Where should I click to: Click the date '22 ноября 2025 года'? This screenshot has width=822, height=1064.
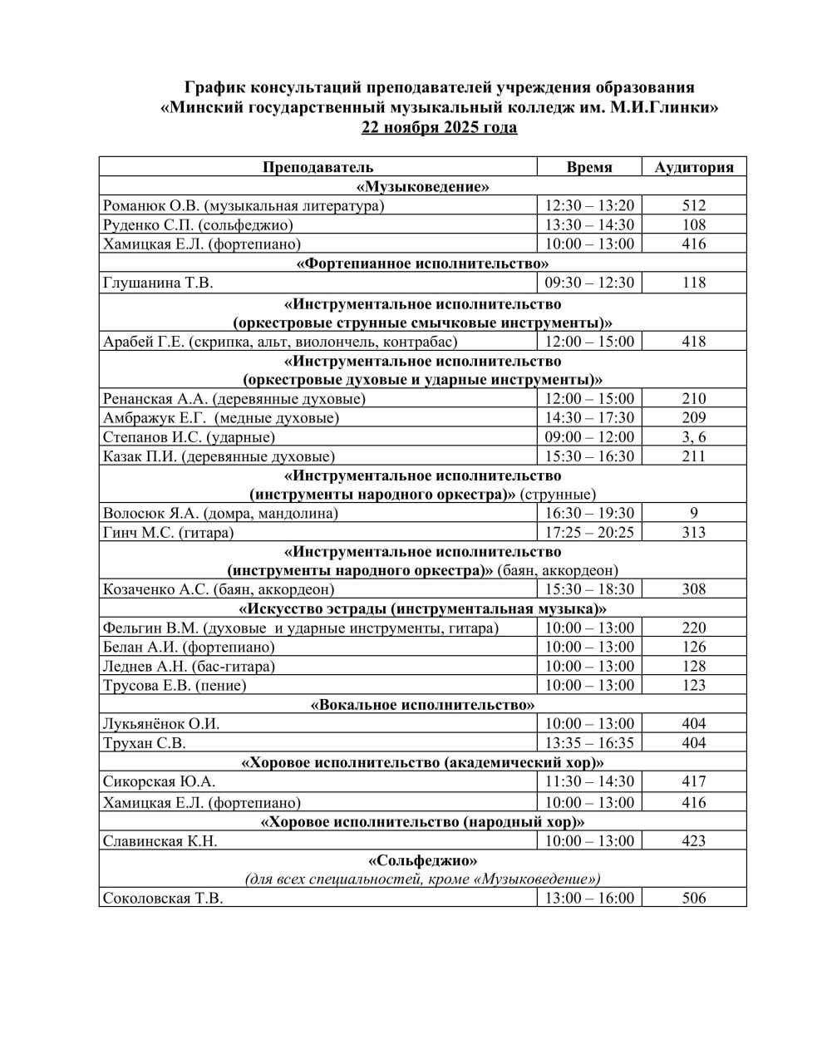439,127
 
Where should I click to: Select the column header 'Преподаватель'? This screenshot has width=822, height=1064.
317,167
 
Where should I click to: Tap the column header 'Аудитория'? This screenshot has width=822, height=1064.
693,167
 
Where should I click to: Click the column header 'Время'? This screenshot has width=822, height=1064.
589,167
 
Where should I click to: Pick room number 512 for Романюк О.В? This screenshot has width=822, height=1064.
693,205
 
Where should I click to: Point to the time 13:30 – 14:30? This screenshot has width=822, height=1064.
589,224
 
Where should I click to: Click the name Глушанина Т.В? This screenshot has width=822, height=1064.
159,283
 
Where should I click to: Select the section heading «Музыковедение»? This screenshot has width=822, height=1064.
422,186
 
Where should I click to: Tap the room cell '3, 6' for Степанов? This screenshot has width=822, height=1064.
693,437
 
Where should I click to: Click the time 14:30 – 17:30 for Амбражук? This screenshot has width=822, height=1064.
589,418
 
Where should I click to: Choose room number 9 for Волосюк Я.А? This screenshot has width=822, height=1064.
693,514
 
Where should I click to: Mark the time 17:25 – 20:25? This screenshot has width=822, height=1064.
589,533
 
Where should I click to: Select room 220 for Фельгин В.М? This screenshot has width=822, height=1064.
693,628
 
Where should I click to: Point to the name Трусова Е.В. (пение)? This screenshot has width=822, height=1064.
175,686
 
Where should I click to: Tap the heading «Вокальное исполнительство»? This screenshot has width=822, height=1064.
422,705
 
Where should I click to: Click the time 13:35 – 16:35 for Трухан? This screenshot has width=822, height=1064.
589,743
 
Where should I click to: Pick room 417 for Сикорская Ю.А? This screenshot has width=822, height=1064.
693,781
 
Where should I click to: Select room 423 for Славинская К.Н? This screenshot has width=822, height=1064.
693,841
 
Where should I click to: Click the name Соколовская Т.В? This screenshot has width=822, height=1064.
163,899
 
